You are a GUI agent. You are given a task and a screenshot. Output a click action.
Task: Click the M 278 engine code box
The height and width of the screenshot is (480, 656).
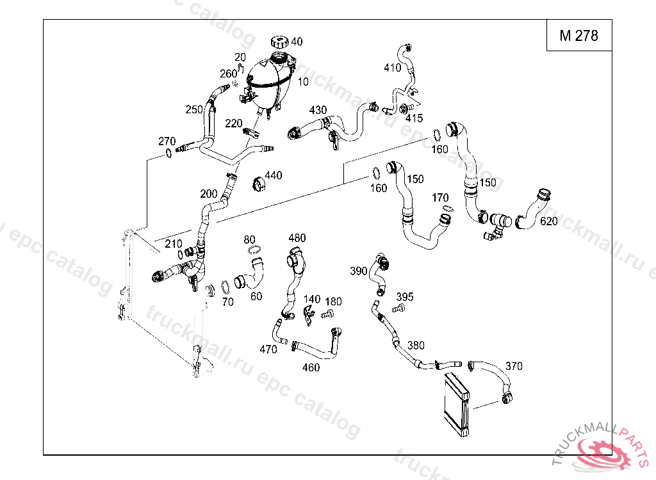point(578,36)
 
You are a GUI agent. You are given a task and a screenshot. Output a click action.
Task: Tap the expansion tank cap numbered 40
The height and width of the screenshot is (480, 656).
point(279,42)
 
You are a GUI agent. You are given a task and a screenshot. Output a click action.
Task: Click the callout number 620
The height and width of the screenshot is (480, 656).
point(548,222)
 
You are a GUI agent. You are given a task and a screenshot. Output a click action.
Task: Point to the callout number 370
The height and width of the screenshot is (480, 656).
point(513,366)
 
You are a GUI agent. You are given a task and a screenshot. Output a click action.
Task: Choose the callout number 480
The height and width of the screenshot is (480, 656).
point(297,238)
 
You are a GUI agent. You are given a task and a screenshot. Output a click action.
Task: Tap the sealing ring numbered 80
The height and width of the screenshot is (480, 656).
point(254,250)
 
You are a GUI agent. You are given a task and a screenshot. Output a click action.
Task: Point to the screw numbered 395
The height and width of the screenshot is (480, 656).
point(397,308)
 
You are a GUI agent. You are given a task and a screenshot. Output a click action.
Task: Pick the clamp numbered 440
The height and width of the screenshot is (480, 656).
point(259,183)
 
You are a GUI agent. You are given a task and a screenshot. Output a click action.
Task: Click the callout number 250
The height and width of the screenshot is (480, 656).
point(194,110)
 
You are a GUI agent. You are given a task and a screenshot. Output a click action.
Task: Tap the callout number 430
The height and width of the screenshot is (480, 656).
point(318,110)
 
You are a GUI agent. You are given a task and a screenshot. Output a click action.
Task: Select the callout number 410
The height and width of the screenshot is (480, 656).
point(392,68)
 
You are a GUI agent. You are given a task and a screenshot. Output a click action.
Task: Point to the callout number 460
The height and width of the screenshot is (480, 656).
point(311,367)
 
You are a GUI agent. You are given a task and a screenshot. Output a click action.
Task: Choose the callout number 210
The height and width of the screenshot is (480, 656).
point(174,244)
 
